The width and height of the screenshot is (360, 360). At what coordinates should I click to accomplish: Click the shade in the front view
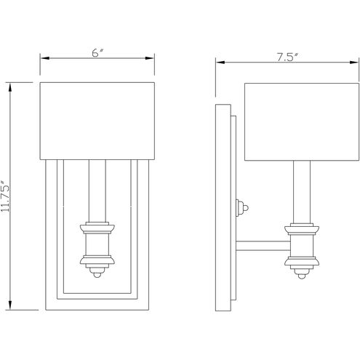[97, 121]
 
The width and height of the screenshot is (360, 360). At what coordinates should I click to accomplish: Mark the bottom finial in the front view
[97, 273]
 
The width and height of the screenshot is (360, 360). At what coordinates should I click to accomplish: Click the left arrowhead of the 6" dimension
[42, 57]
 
